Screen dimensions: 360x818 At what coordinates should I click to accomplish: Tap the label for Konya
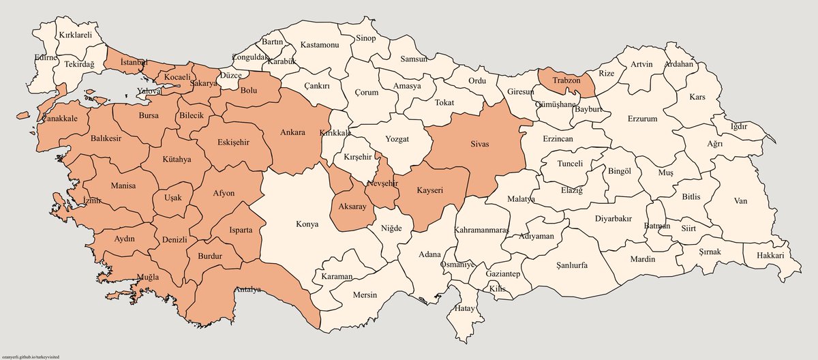(x=307, y=224)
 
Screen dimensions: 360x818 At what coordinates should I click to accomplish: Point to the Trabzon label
(x=565, y=80)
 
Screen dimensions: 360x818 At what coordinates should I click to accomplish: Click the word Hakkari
(x=770, y=256)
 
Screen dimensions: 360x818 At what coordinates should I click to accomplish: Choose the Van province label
(x=741, y=201)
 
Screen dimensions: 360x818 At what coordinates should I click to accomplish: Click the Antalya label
(x=248, y=290)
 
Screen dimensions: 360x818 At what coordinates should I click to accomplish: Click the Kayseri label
(x=429, y=192)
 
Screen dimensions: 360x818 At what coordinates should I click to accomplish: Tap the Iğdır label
(x=739, y=127)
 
